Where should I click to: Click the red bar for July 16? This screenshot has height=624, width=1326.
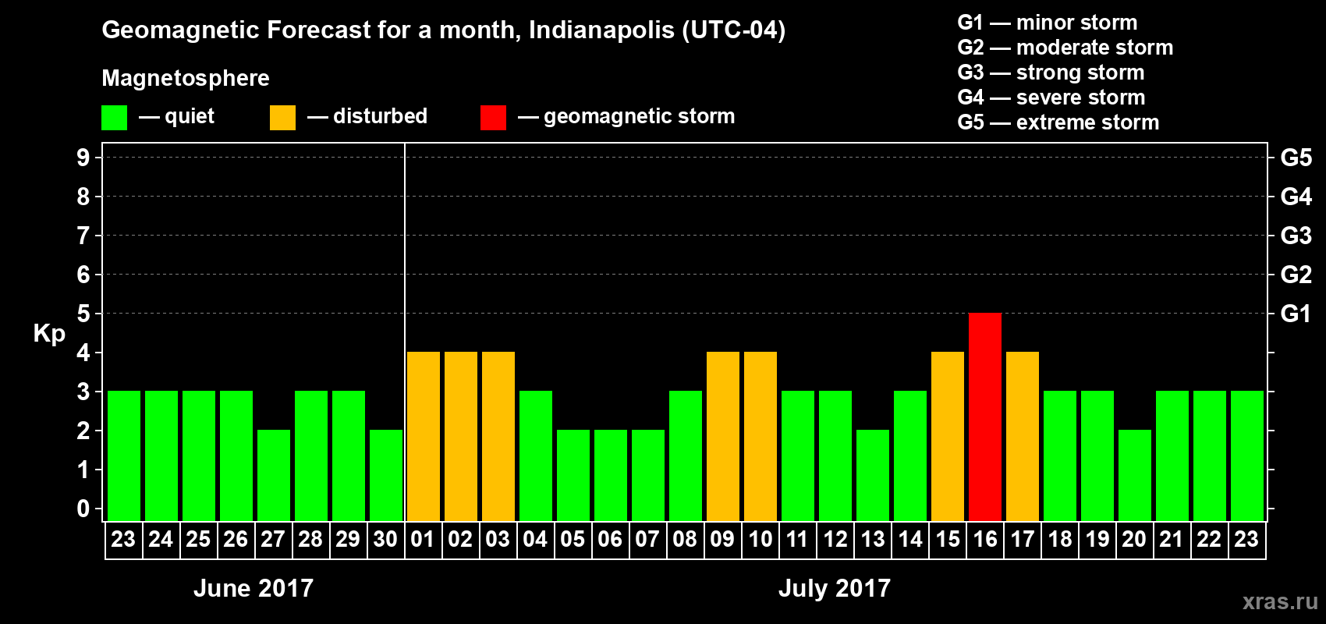(x=985, y=417)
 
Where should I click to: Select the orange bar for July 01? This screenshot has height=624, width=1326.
(x=424, y=436)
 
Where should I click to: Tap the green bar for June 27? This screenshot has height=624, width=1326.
(x=274, y=475)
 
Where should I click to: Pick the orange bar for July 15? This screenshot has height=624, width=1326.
(x=948, y=436)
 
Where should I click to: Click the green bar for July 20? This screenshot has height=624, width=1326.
(x=1135, y=475)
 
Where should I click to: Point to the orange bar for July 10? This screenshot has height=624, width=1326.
(x=760, y=436)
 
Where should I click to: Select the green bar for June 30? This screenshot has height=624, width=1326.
(x=386, y=475)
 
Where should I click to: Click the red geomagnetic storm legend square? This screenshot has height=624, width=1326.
(x=493, y=118)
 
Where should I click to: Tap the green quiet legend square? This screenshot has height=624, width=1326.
(x=115, y=118)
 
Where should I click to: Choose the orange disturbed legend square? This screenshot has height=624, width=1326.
(x=282, y=118)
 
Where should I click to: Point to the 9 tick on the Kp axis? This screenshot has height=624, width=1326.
(x=83, y=158)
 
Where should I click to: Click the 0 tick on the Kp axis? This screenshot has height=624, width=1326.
(x=83, y=509)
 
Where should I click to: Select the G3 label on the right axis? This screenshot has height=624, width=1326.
(x=1296, y=236)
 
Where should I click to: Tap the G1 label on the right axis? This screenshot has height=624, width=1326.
(x=1296, y=314)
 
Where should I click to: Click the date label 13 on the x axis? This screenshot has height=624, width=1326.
(x=873, y=540)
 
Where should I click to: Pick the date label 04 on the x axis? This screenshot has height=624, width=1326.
(x=535, y=540)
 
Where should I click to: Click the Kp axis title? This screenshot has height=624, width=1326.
(x=49, y=334)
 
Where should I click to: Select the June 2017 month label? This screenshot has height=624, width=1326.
(x=253, y=588)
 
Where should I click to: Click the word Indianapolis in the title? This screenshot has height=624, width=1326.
(x=601, y=30)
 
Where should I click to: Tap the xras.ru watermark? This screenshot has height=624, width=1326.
(x=1280, y=601)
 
